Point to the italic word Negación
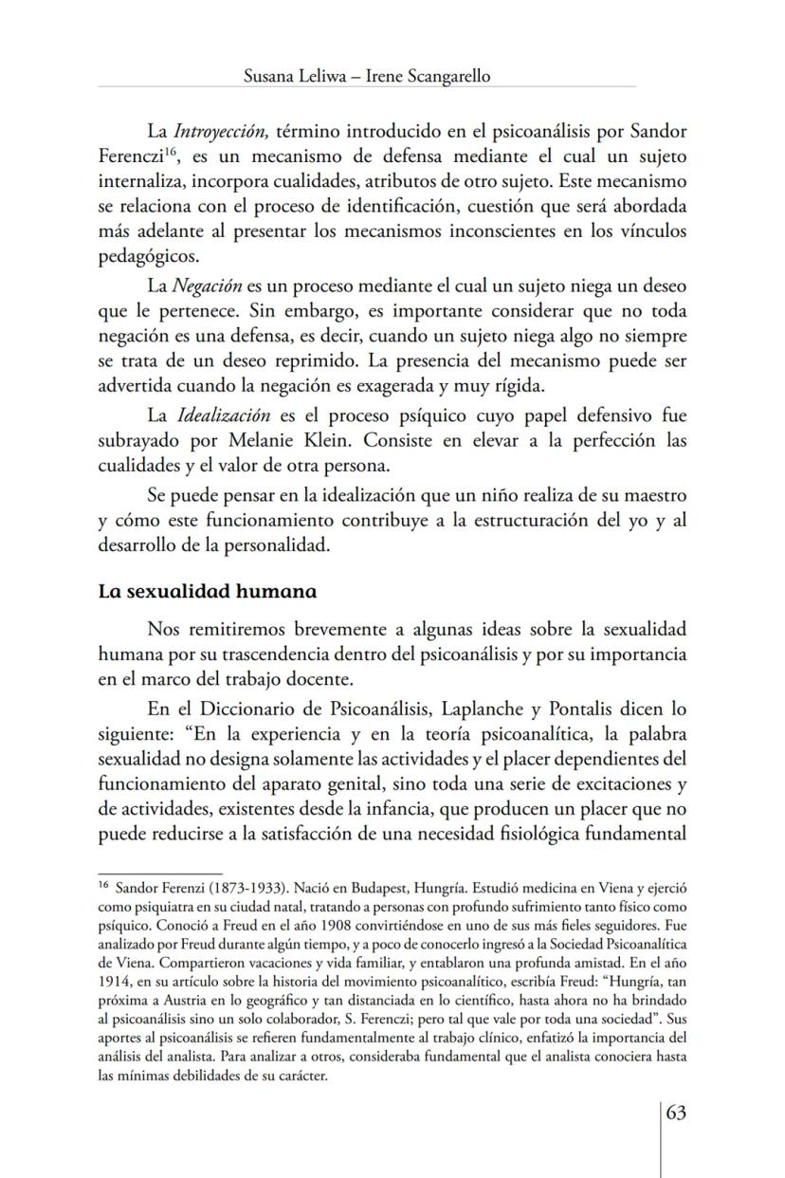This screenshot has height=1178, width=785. coord(208,286)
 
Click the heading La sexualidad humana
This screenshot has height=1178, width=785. coord(208,591)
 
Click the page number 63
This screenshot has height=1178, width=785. coord(676,1113)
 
